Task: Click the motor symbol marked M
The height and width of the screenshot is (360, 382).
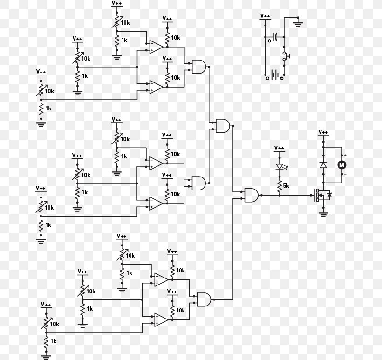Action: point(342,165)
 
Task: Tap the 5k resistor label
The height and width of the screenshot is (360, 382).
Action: point(286,186)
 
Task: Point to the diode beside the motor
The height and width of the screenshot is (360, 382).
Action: point(323,165)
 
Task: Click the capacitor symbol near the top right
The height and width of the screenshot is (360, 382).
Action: point(275,37)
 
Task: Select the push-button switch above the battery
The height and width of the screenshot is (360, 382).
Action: point(286,56)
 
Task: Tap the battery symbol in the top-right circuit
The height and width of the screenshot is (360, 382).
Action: point(274,75)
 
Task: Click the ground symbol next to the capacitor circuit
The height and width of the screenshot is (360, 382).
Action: point(298,23)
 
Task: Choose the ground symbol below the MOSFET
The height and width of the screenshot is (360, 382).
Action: point(323,215)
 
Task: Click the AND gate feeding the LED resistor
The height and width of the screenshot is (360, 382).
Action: point(252,195)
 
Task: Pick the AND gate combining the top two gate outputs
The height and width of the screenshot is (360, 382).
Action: point(223,126)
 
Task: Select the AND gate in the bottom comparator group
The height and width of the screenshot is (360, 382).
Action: point(204,299)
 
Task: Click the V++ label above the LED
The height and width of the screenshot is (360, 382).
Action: point(279,148)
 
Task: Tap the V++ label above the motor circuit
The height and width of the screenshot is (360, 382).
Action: point(323,132)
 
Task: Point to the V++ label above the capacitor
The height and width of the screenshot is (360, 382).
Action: point(265,16)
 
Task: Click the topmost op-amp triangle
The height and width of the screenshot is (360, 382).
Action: point(156,47)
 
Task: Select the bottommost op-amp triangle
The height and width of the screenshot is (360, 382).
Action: point(161,320)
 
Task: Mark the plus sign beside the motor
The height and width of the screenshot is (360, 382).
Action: point(346,156)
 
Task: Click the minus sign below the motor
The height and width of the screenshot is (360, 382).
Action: point(346,174)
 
